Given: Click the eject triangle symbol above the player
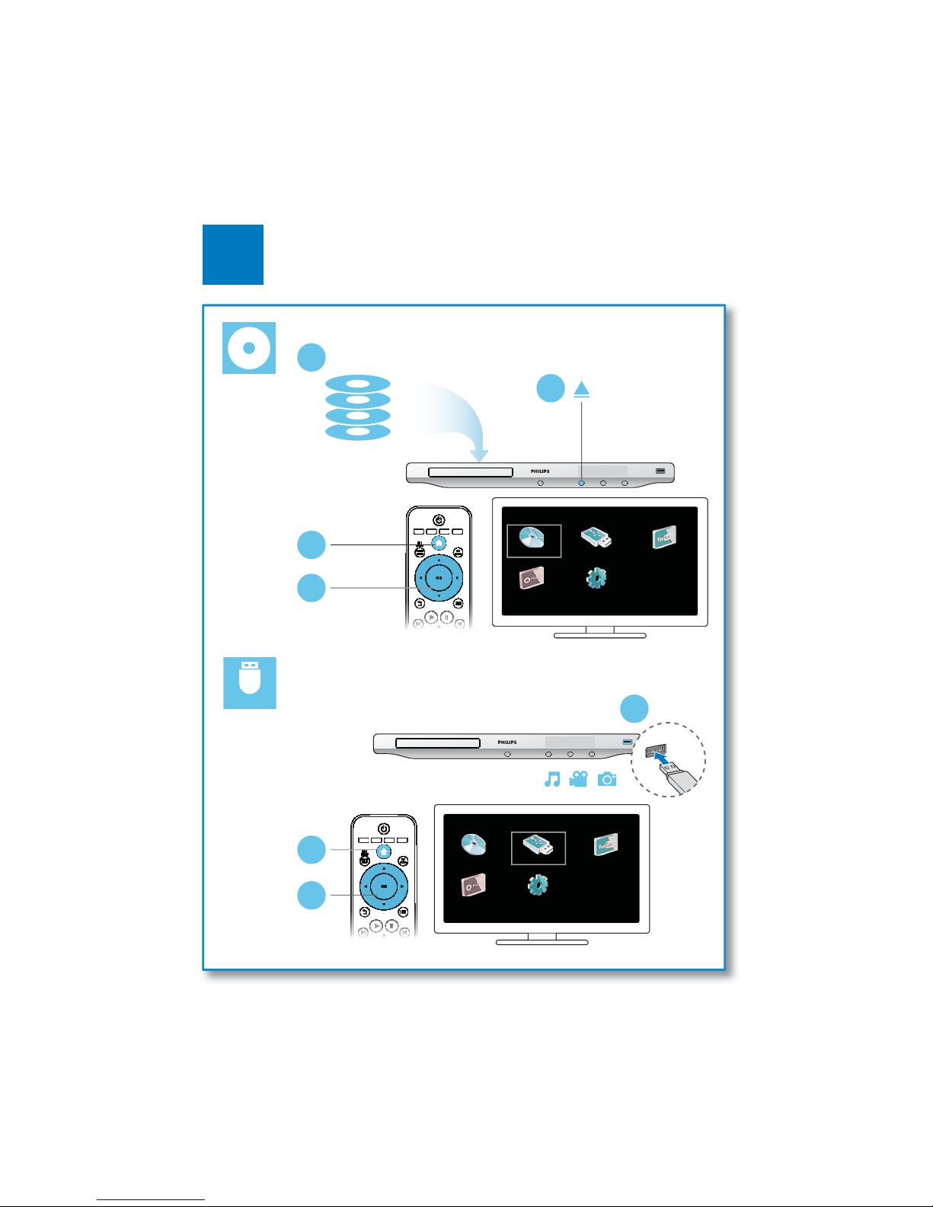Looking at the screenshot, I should click(x=582, y=389).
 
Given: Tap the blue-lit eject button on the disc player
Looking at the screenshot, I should click(x=581, y=483).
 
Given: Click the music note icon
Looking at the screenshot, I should click(x=552, y=779).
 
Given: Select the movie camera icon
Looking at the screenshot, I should click(x=579, y=779).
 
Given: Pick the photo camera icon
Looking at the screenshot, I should click(x=607, y=779).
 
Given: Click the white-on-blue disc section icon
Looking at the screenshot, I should click(x=248, y=348).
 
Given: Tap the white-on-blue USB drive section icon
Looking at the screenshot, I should click(x=249, y=683).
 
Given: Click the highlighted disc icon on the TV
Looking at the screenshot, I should click(x=533, y=540).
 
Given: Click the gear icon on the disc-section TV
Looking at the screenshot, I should click(x=596, y=578).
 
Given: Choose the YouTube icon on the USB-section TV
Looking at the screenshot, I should click(x=606, y=845).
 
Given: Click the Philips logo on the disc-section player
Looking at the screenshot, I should click(x=540, y=471).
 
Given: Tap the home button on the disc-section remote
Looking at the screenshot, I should click(x=439, y=543).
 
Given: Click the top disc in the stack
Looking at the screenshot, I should click(x=358, y=384).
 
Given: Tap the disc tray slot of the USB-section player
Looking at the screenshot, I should click(x=437, y=743).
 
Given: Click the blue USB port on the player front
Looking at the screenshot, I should click(x=627, y=742).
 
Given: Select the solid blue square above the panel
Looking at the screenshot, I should click(x=233, y=254).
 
